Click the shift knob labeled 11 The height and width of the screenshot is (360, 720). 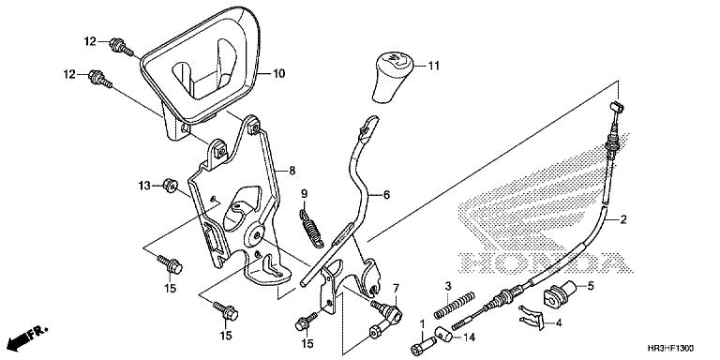[392, 77]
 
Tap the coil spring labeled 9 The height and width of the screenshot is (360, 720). [312, 228]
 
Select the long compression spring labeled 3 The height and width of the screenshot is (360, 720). [453, 305]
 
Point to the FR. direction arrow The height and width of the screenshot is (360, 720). [27, 337]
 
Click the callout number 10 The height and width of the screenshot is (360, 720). [278, 73]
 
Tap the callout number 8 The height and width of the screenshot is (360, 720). [292, 172]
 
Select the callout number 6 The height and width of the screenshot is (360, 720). [386, 195]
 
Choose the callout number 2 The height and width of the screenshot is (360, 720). [622, 219]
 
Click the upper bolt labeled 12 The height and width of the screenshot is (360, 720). [121, 48]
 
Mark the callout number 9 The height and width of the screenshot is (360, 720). [304, 194]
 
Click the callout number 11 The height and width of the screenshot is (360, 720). [433, 67]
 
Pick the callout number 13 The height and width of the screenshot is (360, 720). [144, 186]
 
